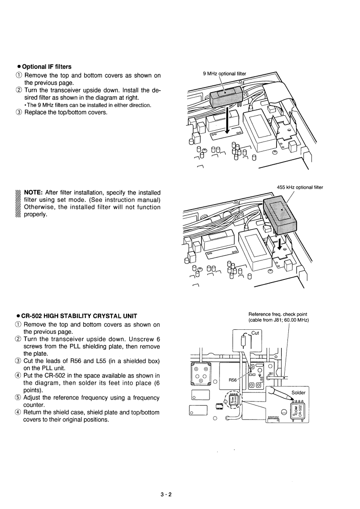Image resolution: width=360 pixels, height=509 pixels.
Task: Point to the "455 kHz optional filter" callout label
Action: pyautogui.click(x=300, y=187)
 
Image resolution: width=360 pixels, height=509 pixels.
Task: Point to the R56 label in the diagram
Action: pyautogui.click(x=232, y=380)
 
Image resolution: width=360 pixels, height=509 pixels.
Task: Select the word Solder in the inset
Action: pyautogui.click(x=299, y=392)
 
